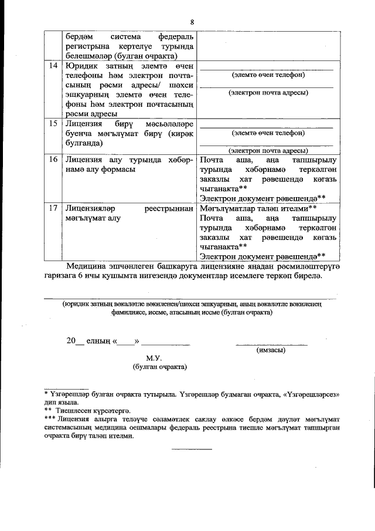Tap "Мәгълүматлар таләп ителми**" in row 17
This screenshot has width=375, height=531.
pyautogui.click(x=258, y=208)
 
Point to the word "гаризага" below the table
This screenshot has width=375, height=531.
pyautogui.click(x=69, y=277)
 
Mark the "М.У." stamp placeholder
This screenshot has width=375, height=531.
pyautogui.click(x=154, y=358)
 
